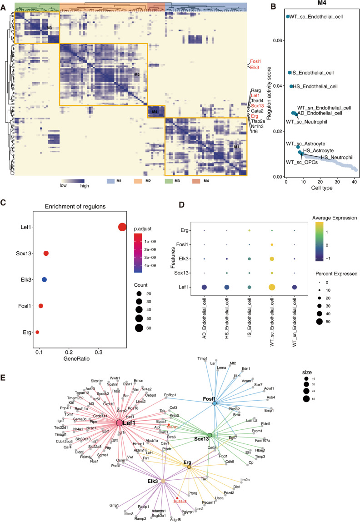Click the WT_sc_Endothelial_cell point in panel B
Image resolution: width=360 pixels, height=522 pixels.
pos(287,17)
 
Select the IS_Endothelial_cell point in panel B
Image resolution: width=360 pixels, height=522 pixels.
pos(290,73)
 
